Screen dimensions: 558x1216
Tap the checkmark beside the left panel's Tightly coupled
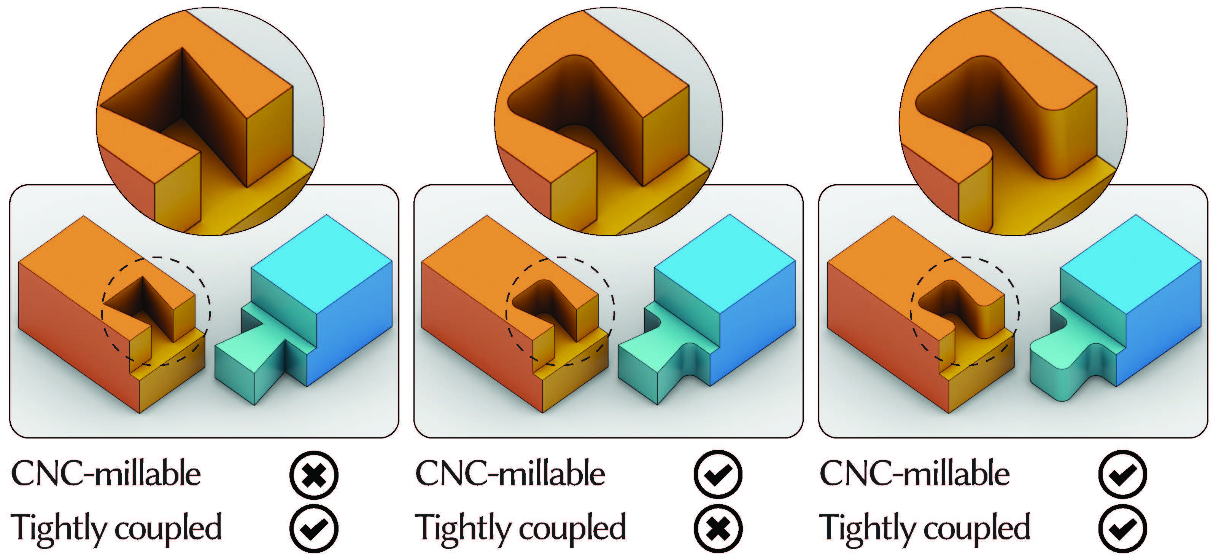pos(314,529)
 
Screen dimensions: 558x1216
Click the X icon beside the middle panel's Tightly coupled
pos(718,529)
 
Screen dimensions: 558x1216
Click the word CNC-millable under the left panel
pos(106,474)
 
